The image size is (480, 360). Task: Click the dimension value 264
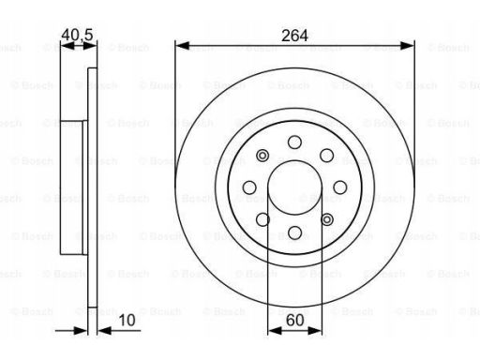(294, 36)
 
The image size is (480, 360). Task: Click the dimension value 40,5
(77, 35)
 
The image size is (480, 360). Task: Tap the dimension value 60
(294, 321)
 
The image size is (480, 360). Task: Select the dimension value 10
(127, 321)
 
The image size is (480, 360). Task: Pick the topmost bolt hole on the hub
(294, 142)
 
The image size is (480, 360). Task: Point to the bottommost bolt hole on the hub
(294, 232)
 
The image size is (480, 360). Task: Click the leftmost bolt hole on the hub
(249, 187)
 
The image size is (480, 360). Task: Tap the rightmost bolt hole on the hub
(340, 187)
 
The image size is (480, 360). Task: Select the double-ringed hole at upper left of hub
(262, 156)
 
